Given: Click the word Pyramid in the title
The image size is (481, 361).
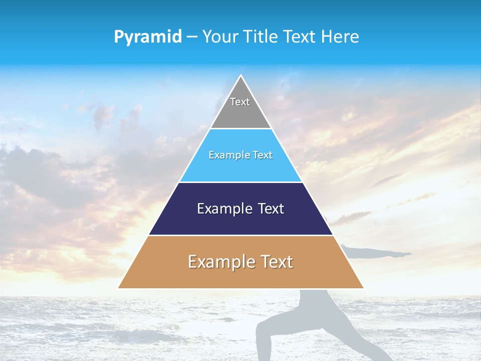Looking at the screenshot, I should pyautogui.click(x=148, y=37).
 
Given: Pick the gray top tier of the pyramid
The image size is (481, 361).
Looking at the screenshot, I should pyautogui.click(x=241, y=113).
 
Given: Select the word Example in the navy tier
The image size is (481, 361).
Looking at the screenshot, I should pyautogui.click(x=223, y=209).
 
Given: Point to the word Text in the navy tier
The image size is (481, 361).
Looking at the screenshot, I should pyautogui.click(x=271, y=209).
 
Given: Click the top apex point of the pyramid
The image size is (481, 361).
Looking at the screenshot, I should pyautogui.click(x=241, y=76).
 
